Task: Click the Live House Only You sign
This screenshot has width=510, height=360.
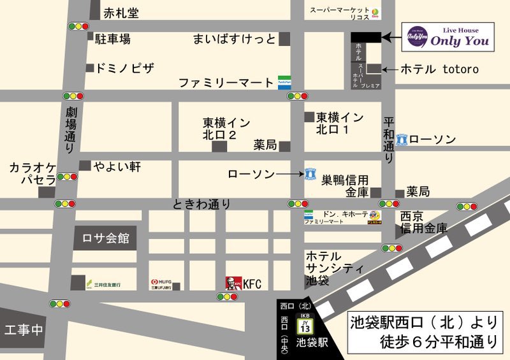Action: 449,37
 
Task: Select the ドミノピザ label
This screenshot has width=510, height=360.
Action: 125,68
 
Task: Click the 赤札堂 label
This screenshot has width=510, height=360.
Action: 121,13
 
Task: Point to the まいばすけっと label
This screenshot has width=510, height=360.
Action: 234,39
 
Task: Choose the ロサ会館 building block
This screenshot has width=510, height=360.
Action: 106,238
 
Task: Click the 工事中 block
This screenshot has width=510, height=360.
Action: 23,329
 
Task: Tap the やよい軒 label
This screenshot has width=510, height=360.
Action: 117,166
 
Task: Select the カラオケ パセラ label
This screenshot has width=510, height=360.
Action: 32,173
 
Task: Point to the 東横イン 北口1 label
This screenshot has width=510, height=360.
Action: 340,123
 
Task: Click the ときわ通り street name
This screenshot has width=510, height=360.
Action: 201,205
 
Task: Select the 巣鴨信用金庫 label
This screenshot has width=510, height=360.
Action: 345,185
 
